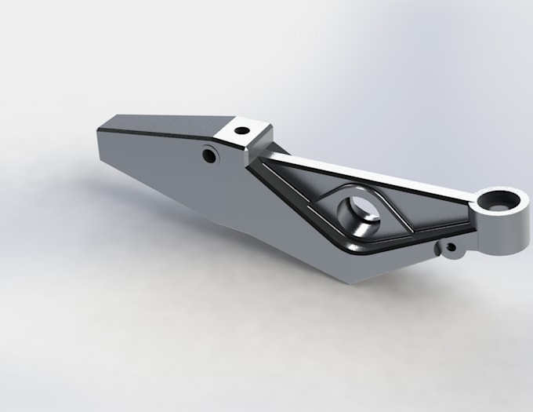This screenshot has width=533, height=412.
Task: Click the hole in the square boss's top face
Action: (x=242, y=129)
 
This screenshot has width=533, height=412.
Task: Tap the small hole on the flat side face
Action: (x=209, y=155)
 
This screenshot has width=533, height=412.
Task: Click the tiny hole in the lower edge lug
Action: (x=451, y=250)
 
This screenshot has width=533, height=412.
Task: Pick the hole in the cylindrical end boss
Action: (x=499, y=201)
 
